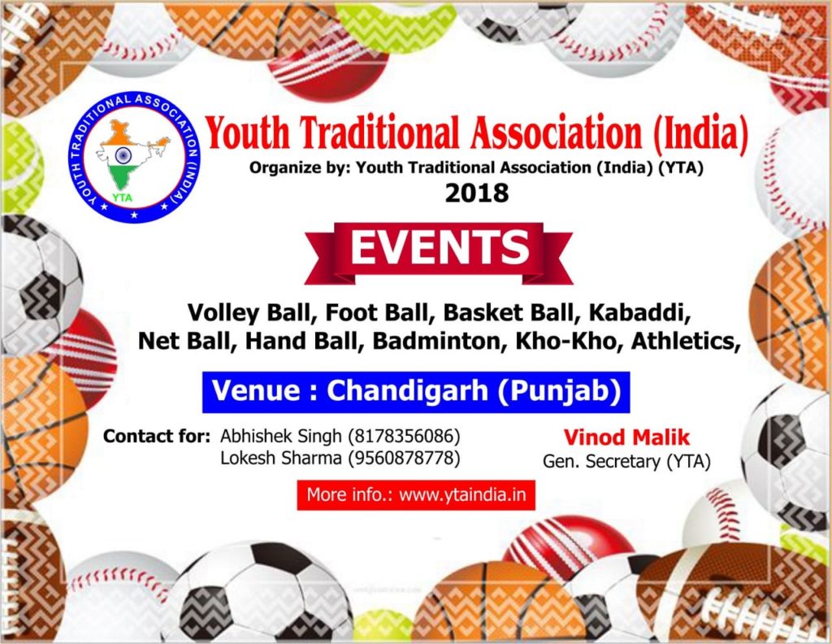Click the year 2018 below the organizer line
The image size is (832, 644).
(x=476, y=194)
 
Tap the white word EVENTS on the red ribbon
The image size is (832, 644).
(x=440, y=247)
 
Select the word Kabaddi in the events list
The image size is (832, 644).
(x=639, y=313)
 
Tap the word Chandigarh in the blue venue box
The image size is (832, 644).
(x=407, y=391)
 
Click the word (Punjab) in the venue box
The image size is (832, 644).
(x=559, y=392)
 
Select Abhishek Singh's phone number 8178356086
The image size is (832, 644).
(x=404, y=437)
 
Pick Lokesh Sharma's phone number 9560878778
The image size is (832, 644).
(x=404, y=458)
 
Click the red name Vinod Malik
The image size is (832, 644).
(x=626, y=437)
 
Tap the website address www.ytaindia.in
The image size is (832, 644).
(x=462, y=495)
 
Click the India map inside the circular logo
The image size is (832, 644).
(x=132, y=154)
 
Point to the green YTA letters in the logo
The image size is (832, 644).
(x=122, y=198)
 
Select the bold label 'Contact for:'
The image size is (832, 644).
(x=157, y=437)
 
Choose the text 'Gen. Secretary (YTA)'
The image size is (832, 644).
(x=626, y=462)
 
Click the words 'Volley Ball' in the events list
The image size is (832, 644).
(x=249, y=313)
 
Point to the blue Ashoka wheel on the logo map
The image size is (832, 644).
(x=123, y=155)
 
